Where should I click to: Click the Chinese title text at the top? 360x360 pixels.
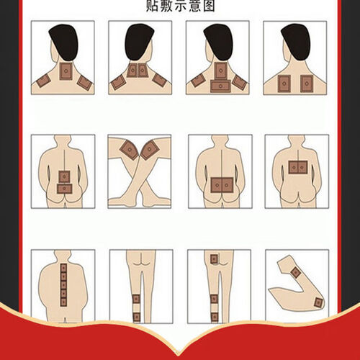point(180,6)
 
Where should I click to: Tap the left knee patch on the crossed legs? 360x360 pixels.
point(129,150)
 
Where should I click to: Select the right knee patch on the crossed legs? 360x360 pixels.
point(150,150)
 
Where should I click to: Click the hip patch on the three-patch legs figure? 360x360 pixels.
point(214,259)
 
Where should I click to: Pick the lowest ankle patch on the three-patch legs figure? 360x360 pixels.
point(215,317)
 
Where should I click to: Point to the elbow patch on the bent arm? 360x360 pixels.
point(318,302)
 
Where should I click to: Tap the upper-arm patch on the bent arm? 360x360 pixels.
point(295,272)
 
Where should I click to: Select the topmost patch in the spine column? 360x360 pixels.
point(63,268)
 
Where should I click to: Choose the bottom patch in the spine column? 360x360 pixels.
point(63,302)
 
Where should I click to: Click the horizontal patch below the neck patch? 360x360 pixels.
point(220,86)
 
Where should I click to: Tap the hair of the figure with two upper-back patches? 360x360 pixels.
point(296,41)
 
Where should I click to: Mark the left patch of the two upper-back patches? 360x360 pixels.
point(284,84)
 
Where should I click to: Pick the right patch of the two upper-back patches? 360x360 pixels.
point(307,84)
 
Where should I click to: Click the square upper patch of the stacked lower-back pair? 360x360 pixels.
point(64,177)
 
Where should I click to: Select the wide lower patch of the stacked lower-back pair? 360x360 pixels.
point(65,189)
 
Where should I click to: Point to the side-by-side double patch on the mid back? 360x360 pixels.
point(298,167)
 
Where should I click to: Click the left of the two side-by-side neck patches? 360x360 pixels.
point(132,70)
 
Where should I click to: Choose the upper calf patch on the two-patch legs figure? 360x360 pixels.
point(136,299)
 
